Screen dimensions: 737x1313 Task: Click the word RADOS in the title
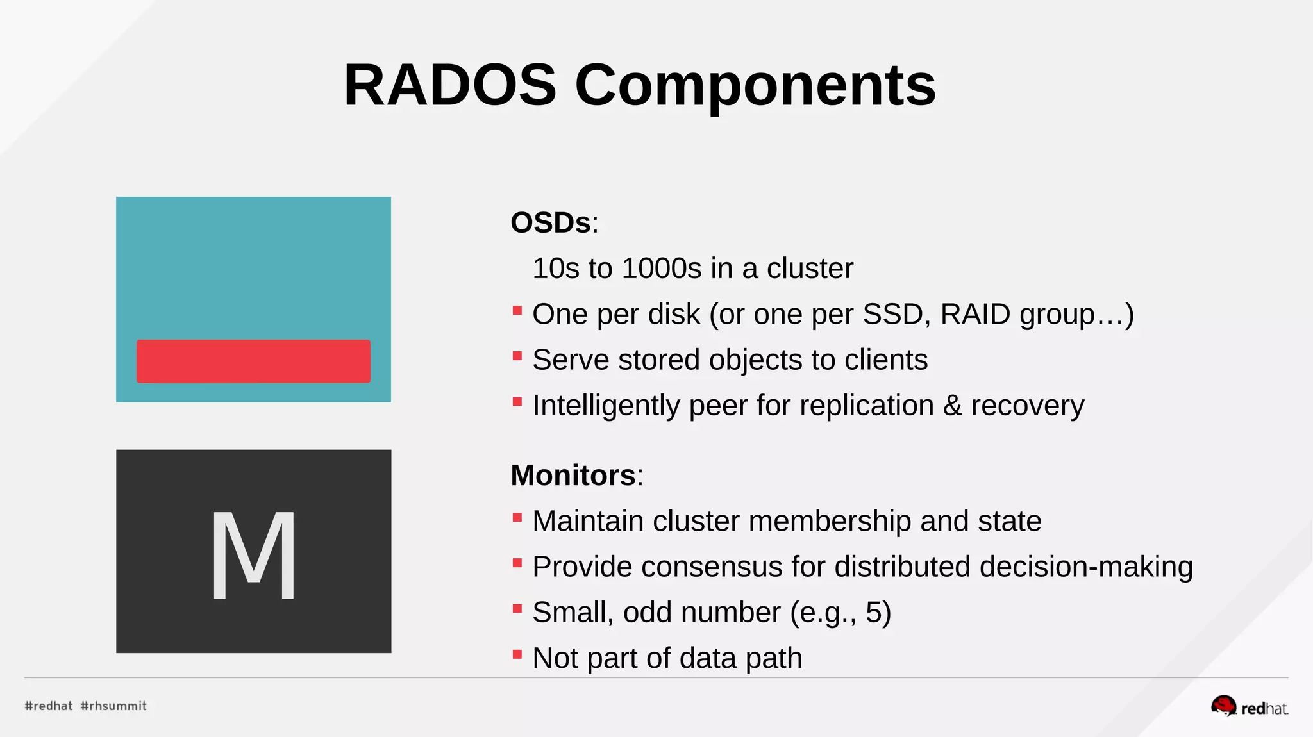(x=450, y=85)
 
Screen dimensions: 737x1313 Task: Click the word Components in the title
(x=755, y=85)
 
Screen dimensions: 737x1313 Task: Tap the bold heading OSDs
(x=550, y=223)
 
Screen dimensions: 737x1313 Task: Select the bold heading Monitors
(x=573, y=476)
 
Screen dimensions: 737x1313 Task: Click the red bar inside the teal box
(x=253, y=361)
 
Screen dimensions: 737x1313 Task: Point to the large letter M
(x=254, y=555)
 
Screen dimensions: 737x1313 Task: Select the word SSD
(x=896, y=314)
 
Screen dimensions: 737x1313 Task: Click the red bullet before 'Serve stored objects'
(x=517, y=356)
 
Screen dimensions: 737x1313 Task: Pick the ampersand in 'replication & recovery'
(x=952, y=406)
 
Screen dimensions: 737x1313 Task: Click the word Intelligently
(x=606, y=406)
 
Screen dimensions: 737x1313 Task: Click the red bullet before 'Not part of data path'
(x=517, y=654)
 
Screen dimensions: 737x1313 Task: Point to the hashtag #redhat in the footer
(x=49, y=706)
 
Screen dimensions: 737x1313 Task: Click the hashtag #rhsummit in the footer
(x=113, y=706)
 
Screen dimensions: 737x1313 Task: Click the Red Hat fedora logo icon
(x=1223, y=706)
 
